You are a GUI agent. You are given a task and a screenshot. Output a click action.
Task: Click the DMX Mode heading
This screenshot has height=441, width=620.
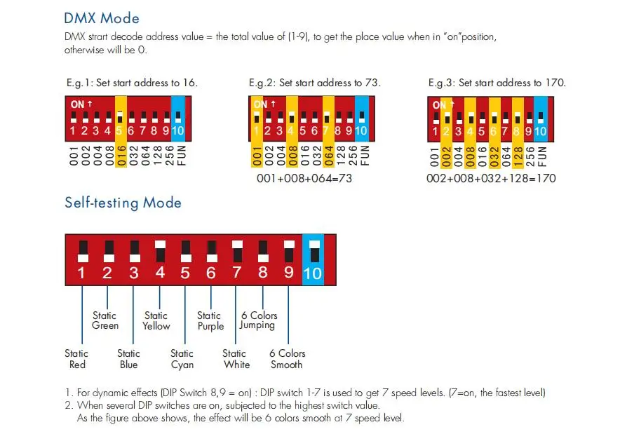(x=102, y=18)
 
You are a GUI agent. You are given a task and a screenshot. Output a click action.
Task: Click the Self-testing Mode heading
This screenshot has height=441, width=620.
(x=123, y=203)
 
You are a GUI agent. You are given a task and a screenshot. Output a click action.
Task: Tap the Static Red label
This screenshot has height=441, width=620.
(x=77, y=359)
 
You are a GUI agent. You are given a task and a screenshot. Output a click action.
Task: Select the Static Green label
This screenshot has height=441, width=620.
(x=105, y=320)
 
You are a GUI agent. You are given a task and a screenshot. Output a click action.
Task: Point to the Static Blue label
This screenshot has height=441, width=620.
(x=128, y=359)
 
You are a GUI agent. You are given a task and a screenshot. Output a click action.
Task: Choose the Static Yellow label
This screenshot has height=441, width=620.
(x=156, y=320)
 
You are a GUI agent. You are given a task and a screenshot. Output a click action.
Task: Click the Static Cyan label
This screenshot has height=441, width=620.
(x=182, y=359)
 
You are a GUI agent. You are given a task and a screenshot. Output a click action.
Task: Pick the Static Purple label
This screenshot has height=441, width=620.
(x=210, y=320)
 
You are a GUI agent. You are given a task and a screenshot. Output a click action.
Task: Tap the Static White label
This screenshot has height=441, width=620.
(x=235, y=359)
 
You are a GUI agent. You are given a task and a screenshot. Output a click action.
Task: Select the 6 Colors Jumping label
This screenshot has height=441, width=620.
(x=259, y=320)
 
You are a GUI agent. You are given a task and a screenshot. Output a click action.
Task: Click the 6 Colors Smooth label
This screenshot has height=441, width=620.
(x=287, y=359)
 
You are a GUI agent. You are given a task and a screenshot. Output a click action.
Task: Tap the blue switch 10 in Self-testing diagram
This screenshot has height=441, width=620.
(x=313, y=259)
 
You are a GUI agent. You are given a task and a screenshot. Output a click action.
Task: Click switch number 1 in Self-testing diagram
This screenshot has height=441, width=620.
(x=82, y=259)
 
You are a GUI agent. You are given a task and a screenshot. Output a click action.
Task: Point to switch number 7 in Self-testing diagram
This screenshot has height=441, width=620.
(x=236, y=259)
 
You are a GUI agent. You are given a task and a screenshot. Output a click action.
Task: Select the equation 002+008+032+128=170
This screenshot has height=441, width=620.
(x=491, y=178)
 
